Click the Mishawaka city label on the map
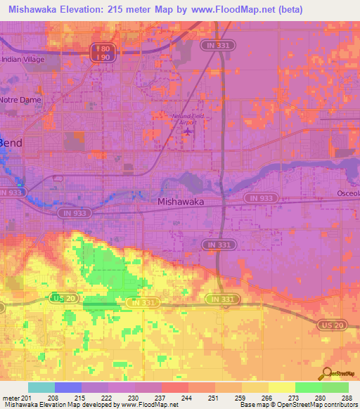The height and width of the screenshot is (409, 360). (181, 202)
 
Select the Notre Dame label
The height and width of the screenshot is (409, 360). (21, 100)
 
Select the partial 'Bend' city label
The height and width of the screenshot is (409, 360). (11, 143)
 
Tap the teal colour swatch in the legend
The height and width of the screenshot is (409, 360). (41, 387)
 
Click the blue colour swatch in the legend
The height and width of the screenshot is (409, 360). (67, 387)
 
